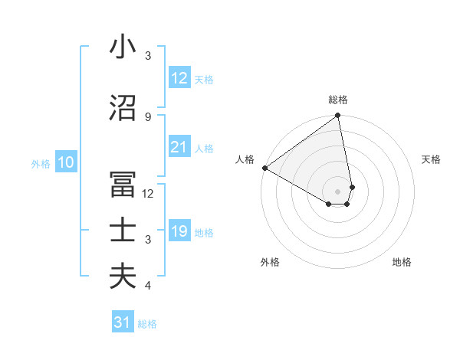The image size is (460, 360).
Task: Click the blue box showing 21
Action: (x=179, y=148)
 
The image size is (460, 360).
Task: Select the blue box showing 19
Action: (x=179, y=232)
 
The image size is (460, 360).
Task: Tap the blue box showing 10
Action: (x=66, y=162)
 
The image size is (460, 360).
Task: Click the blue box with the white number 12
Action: (x=179, y=78)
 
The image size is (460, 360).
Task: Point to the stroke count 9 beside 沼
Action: (x=148, y=116)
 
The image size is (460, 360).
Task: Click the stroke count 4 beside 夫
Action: (x=148, y=286)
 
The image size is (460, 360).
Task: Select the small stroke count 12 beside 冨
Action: (x=149, y=194)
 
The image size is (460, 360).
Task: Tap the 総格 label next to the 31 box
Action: (x=147, y=324)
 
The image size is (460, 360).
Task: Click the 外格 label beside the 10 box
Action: (x=41, y=163)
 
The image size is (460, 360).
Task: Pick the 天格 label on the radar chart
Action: (x=431, y=159)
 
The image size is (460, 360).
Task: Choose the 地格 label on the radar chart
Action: (x=402, y=262)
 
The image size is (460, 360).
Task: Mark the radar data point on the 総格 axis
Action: (x=338, y=116)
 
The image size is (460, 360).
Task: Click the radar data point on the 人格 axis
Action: (x=264, y=168)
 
